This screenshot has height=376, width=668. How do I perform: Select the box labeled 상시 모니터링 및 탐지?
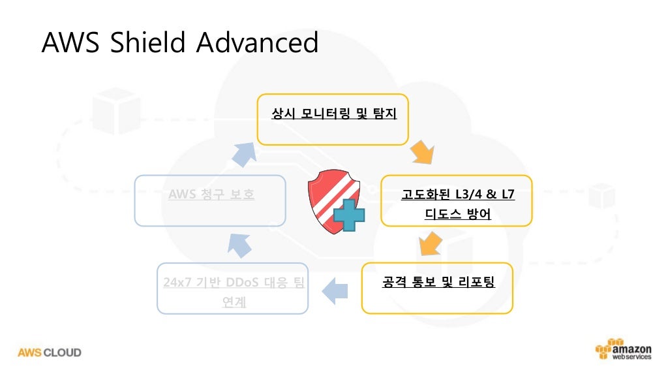[333, 119]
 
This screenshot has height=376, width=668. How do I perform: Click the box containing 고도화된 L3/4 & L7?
[456, 200]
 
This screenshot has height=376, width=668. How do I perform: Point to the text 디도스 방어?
[457, 213]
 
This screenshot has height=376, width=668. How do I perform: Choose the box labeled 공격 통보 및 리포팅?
[437, 288]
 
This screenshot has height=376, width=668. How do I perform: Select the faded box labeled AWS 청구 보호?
[210, 200]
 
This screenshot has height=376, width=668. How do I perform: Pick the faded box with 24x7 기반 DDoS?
[232, 288]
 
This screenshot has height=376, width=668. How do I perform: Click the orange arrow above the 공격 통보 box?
[430, 245]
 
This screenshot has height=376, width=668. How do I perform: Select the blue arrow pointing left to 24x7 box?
[337, 289]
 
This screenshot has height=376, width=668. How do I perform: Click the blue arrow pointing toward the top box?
[245, 151]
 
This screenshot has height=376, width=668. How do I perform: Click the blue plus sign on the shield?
[348, 216]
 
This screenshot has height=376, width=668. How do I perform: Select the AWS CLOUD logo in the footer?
[50, 352]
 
